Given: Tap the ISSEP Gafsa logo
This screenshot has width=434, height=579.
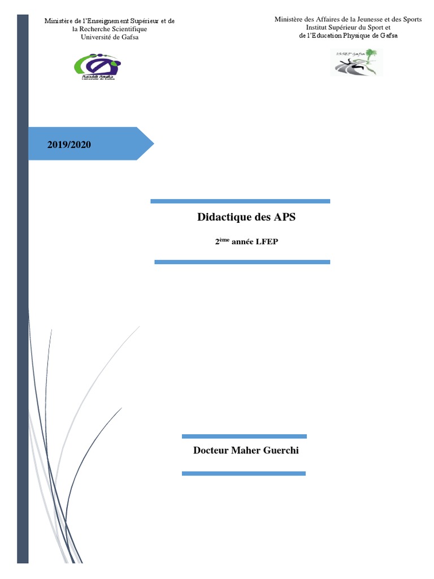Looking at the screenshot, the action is (356, 62).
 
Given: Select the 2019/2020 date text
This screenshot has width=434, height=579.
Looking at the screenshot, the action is (69, 144).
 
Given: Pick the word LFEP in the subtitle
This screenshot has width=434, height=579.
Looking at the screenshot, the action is (268, 241).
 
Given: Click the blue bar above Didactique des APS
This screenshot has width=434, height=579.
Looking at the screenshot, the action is (240, 201).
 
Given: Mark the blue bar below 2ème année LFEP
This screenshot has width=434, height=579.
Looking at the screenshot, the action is (242, 262).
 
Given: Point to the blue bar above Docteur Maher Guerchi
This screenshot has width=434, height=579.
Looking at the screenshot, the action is (244, 437).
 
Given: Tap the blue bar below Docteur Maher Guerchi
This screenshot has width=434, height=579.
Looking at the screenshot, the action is (244, 473).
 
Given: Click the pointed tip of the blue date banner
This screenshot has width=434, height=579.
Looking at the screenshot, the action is (151, 144).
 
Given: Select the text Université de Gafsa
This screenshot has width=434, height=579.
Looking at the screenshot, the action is (110, 37).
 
